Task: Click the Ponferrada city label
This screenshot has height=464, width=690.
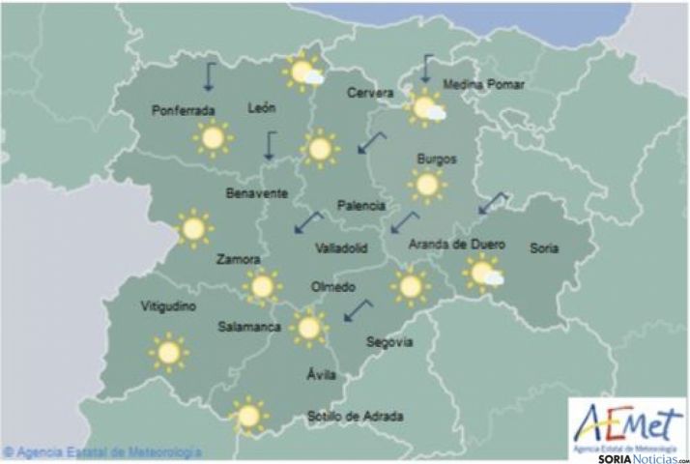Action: pos(183,111)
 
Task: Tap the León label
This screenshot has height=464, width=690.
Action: pos(263,108)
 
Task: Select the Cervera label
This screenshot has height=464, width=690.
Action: pos(370,93)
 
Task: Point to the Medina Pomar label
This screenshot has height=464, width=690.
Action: pos(483,85)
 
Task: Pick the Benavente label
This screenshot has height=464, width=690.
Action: pos(256,193)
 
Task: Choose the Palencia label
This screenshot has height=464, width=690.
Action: pos(361,206)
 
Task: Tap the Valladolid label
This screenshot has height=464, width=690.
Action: pos(341,248)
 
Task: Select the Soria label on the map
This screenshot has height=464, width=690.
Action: pos(544,248)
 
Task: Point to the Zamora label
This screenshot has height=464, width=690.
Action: pos(239,259)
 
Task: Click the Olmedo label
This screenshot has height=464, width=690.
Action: pos(333,288)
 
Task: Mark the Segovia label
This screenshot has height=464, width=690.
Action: pos(389,341)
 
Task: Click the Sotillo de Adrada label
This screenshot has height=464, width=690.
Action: pos(355,417)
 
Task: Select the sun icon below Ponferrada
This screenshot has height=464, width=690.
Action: pos(212,139)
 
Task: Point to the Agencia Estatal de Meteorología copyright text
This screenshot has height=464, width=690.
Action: pos(101,451)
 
